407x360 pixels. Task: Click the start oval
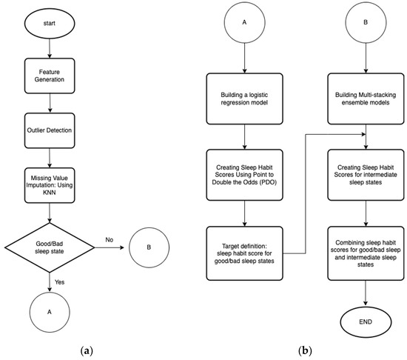tap(48, 22)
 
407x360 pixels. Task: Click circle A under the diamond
tap(48, 312)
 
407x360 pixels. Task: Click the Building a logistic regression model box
tap(243, 100)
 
